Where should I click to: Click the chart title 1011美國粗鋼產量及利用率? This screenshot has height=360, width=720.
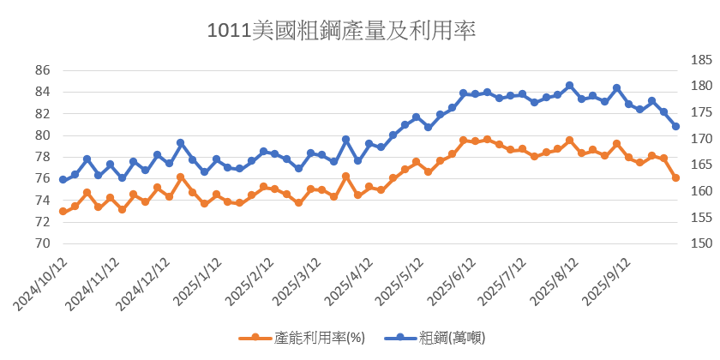341,31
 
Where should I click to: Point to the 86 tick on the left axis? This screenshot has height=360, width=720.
42,70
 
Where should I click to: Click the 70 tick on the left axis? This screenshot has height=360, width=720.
42,243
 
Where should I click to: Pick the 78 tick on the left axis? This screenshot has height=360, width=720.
42,157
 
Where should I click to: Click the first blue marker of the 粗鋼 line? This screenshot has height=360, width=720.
63,180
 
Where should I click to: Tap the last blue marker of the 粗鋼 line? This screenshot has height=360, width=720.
675,126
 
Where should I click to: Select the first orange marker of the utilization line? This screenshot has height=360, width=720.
63,211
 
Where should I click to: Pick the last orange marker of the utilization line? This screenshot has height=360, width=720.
675,177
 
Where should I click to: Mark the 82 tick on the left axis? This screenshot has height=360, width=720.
42,113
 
